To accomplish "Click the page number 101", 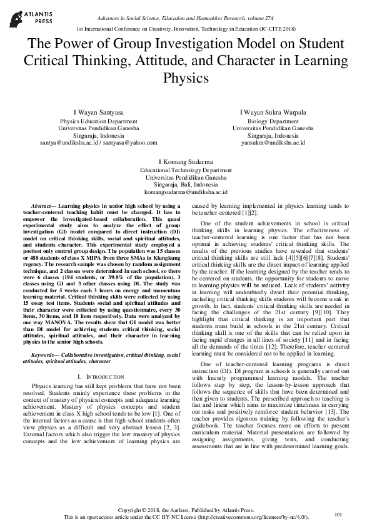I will tap(339, 514).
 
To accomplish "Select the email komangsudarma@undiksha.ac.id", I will tap(186, 192).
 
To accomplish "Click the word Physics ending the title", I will tap(186, 78).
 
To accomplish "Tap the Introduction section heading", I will tap(97, 377).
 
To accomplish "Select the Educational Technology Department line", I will tap(186, 170).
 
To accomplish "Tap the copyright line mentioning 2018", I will tap(186, 511).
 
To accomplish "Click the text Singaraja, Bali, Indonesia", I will tap(186, 185).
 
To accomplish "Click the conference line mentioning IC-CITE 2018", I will tap(186, 29).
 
